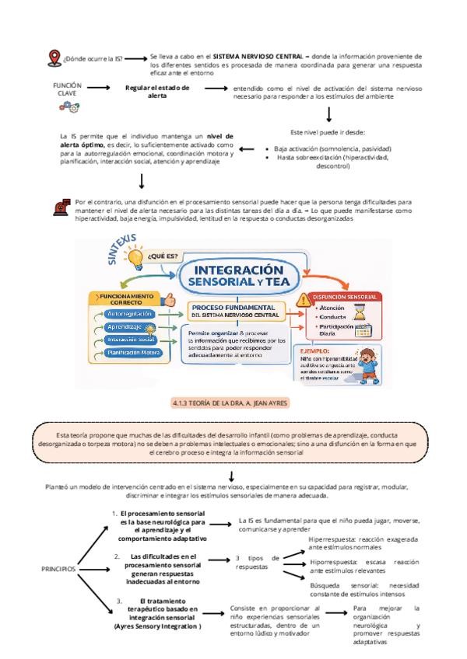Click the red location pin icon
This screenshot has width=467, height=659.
click(54, 58)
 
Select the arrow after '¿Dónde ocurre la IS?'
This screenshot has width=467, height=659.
click(135, 58)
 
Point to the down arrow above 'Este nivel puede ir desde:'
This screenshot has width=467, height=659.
click(329, 114)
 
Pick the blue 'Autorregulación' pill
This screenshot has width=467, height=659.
click(128, 313)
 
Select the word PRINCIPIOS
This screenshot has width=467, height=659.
click(58, 568)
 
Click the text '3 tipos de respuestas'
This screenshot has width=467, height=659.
click(257, 563)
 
